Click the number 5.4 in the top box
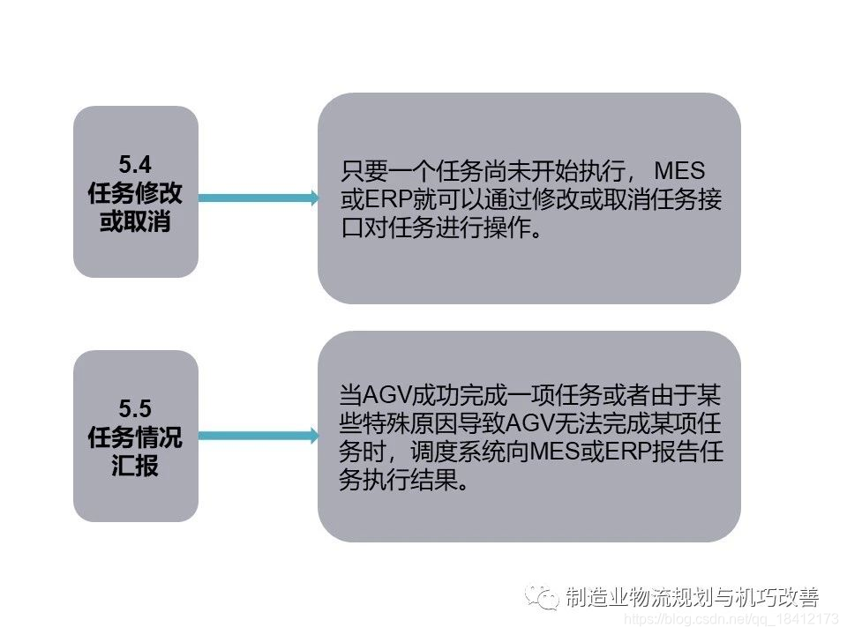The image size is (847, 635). [135, 163]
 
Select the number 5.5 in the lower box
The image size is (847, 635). [135, 407]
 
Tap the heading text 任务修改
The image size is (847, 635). [135, 192]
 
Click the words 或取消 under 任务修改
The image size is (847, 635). [135, 221]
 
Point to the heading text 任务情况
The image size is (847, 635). [135, 437]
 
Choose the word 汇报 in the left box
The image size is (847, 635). [135, 466]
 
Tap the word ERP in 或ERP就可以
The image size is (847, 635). [381, 198]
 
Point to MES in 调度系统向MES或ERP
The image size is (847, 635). [551, 452]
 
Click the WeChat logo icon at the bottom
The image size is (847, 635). [542, 597]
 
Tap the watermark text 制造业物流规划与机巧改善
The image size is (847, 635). [692, 597]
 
